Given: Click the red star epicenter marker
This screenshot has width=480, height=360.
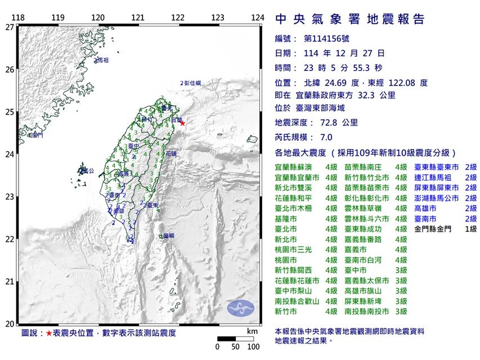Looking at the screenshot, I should (182, 123).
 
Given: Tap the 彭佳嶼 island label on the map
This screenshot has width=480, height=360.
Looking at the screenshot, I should (192, 83).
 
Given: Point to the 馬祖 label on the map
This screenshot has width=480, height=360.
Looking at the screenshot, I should (102, 60).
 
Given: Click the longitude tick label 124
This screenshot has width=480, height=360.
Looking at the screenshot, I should (257, 17).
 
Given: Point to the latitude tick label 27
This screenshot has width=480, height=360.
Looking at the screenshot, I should (10, 26).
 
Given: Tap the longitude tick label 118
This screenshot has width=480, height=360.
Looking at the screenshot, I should (18, 17).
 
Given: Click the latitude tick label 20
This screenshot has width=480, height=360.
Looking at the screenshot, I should (10, 324).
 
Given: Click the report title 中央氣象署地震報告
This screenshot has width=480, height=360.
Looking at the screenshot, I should (350, 20).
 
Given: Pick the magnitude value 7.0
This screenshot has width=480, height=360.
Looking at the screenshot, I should (326, 137).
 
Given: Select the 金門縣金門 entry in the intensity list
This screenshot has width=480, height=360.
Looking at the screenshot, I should (432, 229).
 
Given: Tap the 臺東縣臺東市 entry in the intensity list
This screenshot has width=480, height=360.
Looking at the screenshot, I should (437, 168).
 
